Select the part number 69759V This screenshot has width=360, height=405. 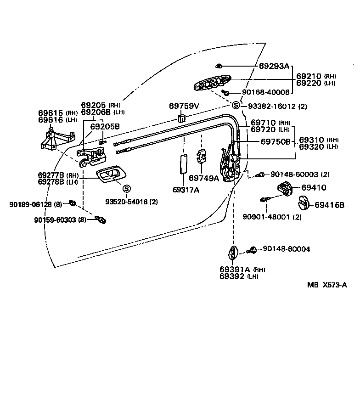pyautogui.click(x=184, y=106)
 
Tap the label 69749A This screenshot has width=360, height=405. pyautogui.click(x=204, y=178)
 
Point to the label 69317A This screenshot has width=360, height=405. pyautogui.click(x=186, y=190)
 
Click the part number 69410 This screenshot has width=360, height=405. pyautogui.click(x=314, y=187)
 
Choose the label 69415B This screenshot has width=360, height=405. pyautogui.click(x=329, y=205)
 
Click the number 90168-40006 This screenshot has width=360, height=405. pyautogui.click(x=266, y=92)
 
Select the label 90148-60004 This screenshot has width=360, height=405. pyautogui.click(x=286, y=249)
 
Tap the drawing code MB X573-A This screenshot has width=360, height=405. pyautogui.click(x=327, y=285)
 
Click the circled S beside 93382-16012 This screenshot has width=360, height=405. pyautogui.click(x=236, y=106)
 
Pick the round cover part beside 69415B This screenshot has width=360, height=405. pyautogui.click(x=303, y=202)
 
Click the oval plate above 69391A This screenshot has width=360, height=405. pyautogui.click(x=233, y=253)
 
